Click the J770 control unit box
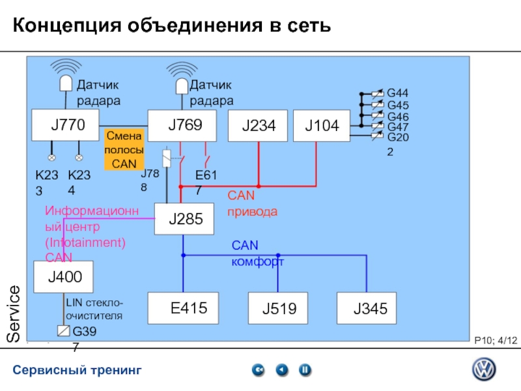coord(66,125)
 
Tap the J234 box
coord(258,126)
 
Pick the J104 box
coord(321,126)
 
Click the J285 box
coord(184,220)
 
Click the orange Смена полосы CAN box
coord(124,150)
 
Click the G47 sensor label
coord(397,127)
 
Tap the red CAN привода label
coord(252,203)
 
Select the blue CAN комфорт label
coord(257,253)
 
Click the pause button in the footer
coord(304,370)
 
